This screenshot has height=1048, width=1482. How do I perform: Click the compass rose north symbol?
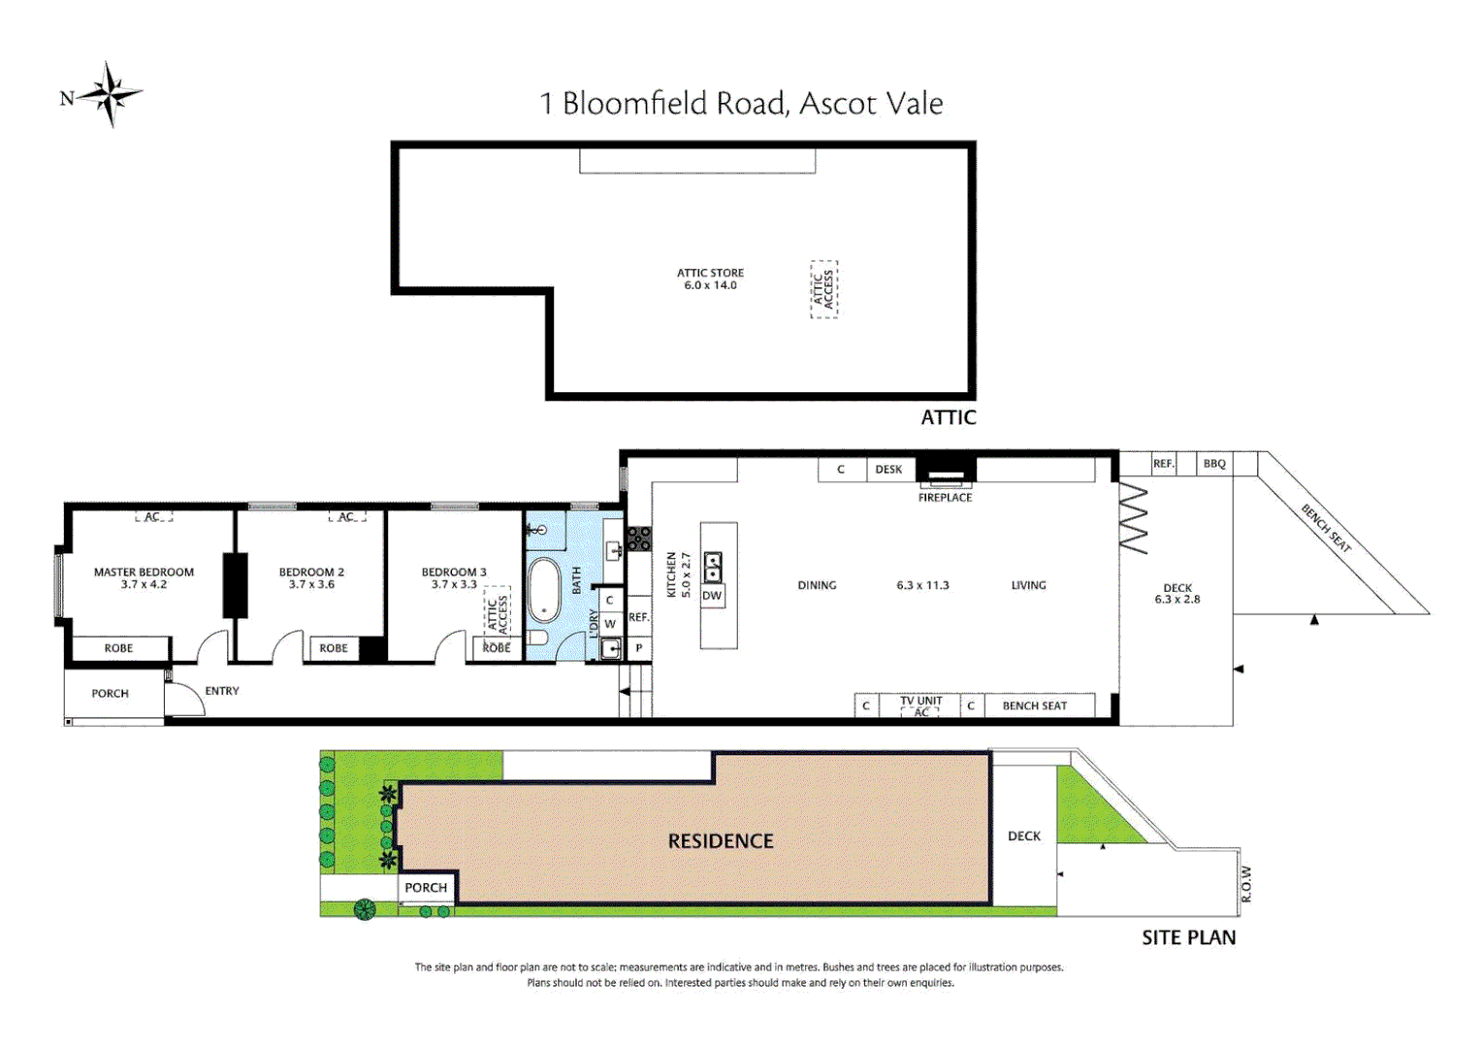[x=110, y=95]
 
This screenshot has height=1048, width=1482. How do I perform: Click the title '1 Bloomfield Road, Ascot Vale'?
[x=741, y=103]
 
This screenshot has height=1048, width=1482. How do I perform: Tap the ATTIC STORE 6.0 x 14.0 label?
[x=710, y=279]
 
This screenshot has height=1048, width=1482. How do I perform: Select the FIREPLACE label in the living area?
[x=945, y=498]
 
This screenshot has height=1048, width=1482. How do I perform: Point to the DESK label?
[x=888, y=470]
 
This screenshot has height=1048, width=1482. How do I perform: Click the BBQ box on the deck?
[x=1214, y=464]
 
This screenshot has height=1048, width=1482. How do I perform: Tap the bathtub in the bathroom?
[x=543, y=589]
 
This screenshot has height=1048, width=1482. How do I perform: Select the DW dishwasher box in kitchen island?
[x=712, y=596]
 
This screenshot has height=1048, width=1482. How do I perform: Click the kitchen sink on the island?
[x=712, y=566]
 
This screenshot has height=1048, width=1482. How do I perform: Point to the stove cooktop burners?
[x=638, y=539]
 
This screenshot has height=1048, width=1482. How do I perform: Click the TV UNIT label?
[x=920, y=701]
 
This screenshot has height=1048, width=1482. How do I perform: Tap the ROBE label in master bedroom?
[x=118, y=648]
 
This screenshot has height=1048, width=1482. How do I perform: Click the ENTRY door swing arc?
[x=187, y=699]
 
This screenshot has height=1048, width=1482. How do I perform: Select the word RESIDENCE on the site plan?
[x=721, y=841]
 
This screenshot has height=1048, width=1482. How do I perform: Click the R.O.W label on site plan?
[x=1246, y=884]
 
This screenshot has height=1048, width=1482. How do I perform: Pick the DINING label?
[x=817, y=585]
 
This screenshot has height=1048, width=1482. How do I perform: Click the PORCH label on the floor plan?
[x=110, y=694]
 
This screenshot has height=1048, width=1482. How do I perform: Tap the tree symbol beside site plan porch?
[x=365, y=909]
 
